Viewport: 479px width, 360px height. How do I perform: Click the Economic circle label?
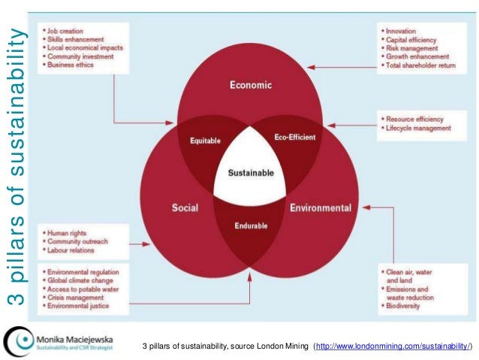[251, 85]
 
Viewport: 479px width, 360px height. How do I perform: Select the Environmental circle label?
[321, 207]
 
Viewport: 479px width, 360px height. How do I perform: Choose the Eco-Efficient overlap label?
[294, 138]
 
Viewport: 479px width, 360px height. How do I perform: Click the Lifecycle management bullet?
[418, 129]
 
